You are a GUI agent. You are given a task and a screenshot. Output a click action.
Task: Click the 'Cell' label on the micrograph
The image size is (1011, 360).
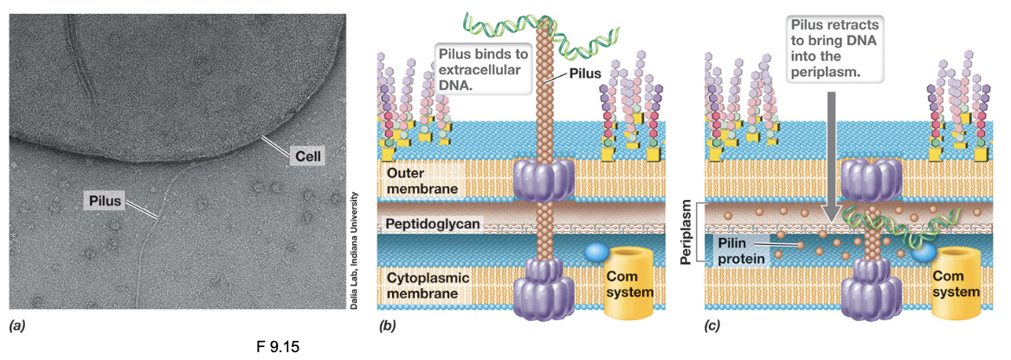click(x=306, y=157)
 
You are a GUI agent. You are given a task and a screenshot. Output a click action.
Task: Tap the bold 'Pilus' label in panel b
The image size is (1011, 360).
click(x=584, y=75)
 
